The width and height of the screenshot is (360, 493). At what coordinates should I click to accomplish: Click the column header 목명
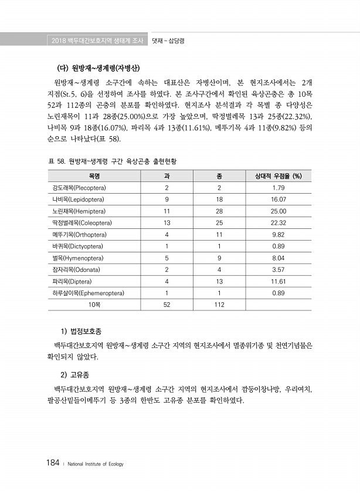point(94,176)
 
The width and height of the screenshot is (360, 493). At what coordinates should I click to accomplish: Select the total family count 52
point(167,305)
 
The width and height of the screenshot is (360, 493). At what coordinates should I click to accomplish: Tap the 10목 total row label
point(94,305)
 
